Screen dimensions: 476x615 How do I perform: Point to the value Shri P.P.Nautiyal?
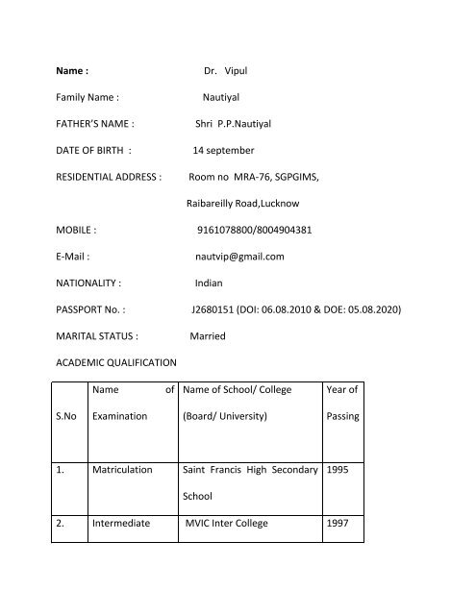pos(236,124)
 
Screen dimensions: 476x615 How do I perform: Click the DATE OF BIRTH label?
pos(90,151)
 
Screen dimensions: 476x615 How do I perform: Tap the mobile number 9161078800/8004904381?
pos(253,231)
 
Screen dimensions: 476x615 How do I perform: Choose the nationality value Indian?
pos(209,284)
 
